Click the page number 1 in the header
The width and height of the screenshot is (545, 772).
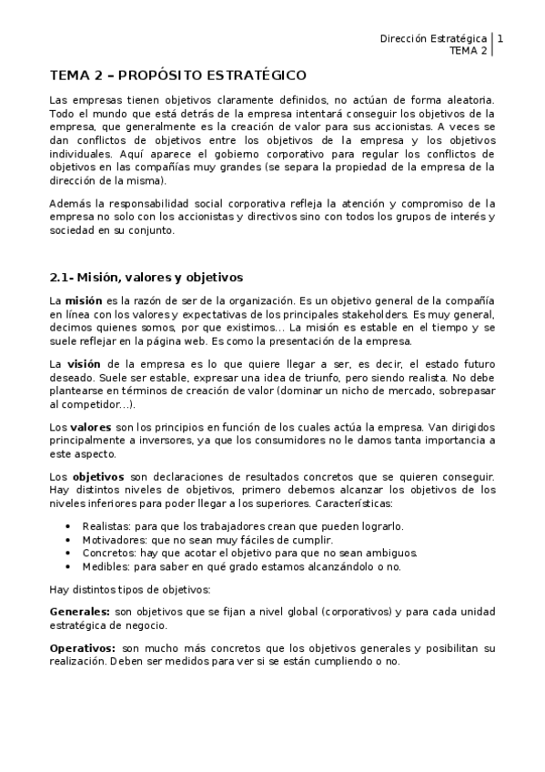(501, 39)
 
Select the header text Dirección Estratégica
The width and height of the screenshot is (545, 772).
(432, 39)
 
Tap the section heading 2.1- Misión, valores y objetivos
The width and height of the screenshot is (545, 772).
(146, 277)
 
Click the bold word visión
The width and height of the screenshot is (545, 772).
(84, 363)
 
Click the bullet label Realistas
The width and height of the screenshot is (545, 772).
(106, 526)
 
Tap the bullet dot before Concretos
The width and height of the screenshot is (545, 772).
(69, 553)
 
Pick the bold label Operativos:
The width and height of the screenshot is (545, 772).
(82, 647)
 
